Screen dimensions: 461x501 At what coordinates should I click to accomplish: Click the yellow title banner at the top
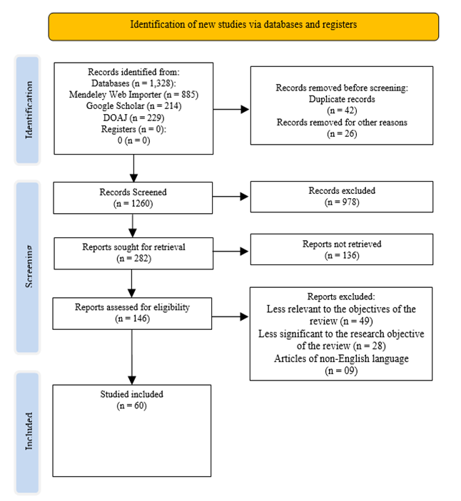pos(243,26)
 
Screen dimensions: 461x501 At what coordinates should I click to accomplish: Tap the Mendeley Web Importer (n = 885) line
pos(133,95)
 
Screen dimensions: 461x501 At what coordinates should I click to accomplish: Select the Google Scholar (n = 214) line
pos(133,106)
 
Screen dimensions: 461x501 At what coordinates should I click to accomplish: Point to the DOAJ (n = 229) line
pos(133,118)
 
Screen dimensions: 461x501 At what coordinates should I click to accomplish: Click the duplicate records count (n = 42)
pos(342,110)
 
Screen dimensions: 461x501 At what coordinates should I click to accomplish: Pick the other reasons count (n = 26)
pos(342,133)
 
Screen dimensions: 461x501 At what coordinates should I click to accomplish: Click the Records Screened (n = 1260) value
pos(133,204)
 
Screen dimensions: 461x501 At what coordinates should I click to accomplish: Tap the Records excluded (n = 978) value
pos(342,202)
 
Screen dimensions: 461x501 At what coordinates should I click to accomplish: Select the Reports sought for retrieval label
pos(133,247)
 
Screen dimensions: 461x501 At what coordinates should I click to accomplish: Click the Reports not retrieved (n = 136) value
pos(342,255)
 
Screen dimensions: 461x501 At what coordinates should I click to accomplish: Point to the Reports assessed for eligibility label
pos(132,307)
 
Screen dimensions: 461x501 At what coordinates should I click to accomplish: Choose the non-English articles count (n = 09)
pos(341,371)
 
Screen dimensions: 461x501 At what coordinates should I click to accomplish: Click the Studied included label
pos(131,394)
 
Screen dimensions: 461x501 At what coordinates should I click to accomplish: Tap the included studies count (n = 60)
pos(131,406)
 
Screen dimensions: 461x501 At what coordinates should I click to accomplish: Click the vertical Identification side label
pos(29,110)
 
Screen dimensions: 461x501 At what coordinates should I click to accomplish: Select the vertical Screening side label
pos(29,267)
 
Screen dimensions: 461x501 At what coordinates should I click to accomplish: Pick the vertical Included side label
pos(29,431)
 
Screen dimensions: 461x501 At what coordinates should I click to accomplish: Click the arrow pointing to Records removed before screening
pos(231,109)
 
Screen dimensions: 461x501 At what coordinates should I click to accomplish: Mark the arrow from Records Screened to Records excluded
pos(230,197)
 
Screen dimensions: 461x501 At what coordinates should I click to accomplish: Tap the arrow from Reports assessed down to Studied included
pos(132,357)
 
